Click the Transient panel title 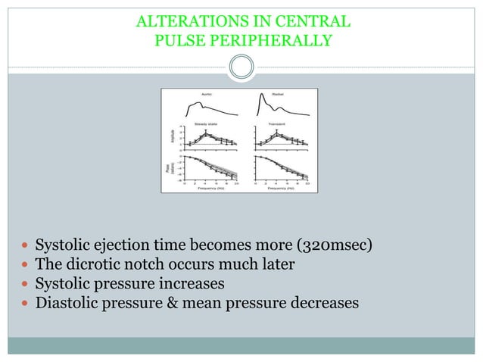pos(276,122)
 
